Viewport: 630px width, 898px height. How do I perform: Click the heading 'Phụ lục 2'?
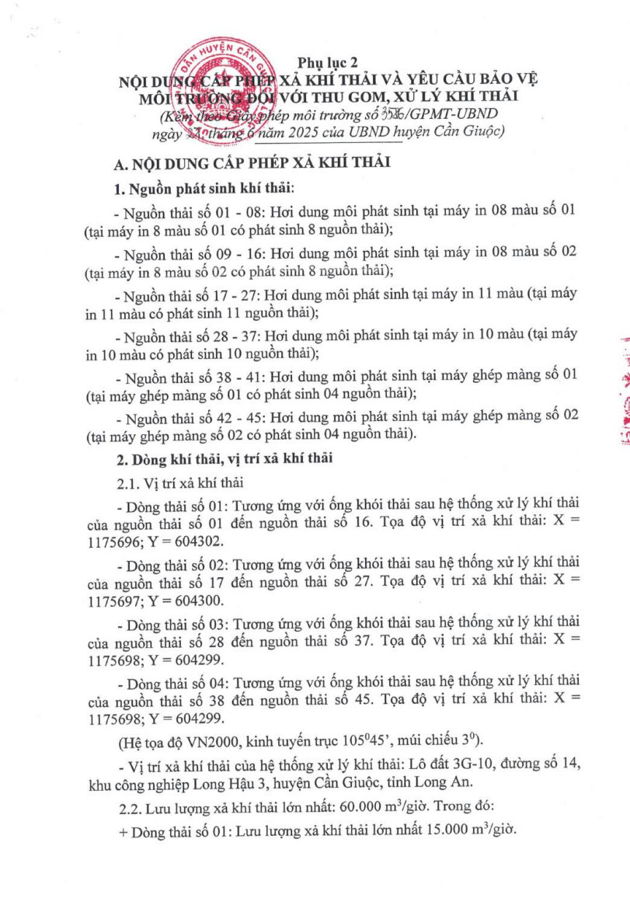pos(327,62)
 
